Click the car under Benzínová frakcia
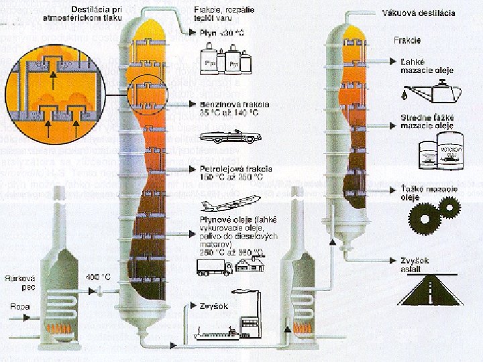(230, 137)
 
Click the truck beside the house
(213, 267)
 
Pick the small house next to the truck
(249, 264)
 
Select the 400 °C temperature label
(98, 276)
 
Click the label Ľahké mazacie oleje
(428, 66)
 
